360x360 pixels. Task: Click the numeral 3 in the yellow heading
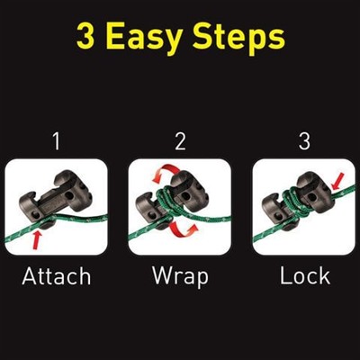click(85, 36)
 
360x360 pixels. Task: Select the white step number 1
click(57, 141)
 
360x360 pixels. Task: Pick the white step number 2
click(180, 141)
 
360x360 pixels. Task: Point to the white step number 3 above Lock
click(304, 141)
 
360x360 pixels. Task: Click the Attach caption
click(57, 276)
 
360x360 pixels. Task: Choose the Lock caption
click(305, 276)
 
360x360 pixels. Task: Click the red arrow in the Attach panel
click(37, 239)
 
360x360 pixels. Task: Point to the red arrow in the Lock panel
click(338, 181)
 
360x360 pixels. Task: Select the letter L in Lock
click(285, 275)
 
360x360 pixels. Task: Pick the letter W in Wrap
click(163, 275)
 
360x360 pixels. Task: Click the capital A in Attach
click(30, 275)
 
